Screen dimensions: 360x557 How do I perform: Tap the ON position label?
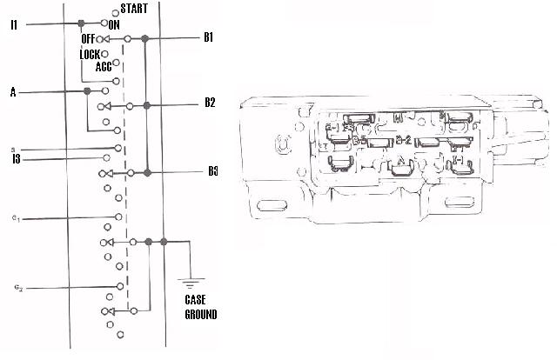[114, 25]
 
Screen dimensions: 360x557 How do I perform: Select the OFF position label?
[88, 39]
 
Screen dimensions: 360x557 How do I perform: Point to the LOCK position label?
[91, 54]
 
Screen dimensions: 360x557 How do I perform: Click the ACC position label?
[103, 65]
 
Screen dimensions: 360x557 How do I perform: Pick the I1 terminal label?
[14, 23]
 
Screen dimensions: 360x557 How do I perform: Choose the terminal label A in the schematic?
[13, 91]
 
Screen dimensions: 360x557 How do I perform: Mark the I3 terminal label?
[17, 158]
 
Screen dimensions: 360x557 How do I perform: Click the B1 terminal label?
[209, 38]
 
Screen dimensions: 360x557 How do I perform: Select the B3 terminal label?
[212, 170]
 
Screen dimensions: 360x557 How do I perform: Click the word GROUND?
[200, 314]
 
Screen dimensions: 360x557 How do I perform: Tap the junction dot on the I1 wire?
[81, 23]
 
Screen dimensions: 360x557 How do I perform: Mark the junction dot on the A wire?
[87, 91]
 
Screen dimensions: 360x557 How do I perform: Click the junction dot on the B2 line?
[147, 105]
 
